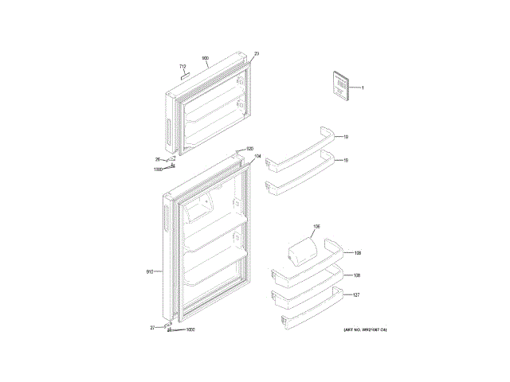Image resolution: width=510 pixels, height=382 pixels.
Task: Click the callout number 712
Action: pyautogui.click(x=182, y=66)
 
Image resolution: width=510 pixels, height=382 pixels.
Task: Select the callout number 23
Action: pyautogui.click(x=257, y=54)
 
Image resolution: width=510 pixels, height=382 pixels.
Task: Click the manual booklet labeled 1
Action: pyautogui.click(x=339, y=86)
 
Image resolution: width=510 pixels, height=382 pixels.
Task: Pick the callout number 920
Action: pyautogui.click(x=249, y=149)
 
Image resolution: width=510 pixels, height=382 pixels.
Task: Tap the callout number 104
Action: pyautogui.click(x=257, y=156)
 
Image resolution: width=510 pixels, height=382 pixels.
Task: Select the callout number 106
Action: pyautogui.click(x=315, y=228)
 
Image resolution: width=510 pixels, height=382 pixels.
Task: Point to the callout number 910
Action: pyautogui.click(x=149, y=272)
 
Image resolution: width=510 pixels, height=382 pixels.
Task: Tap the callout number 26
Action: pyautogui.click(x=157, y=160)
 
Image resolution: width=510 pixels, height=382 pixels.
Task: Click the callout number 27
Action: pyautogui.click(x=152, y=327)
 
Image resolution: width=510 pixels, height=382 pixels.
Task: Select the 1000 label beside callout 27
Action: pyautogui.click(x=190, y=330)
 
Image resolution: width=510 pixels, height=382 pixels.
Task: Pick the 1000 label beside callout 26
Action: pyautogui.click(x=158, y=169)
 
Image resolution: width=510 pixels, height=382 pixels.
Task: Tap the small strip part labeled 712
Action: pyautogui.click(x=186, y=76)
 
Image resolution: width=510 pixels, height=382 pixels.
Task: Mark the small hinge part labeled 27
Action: pyautogui.click(x=166, y=325)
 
